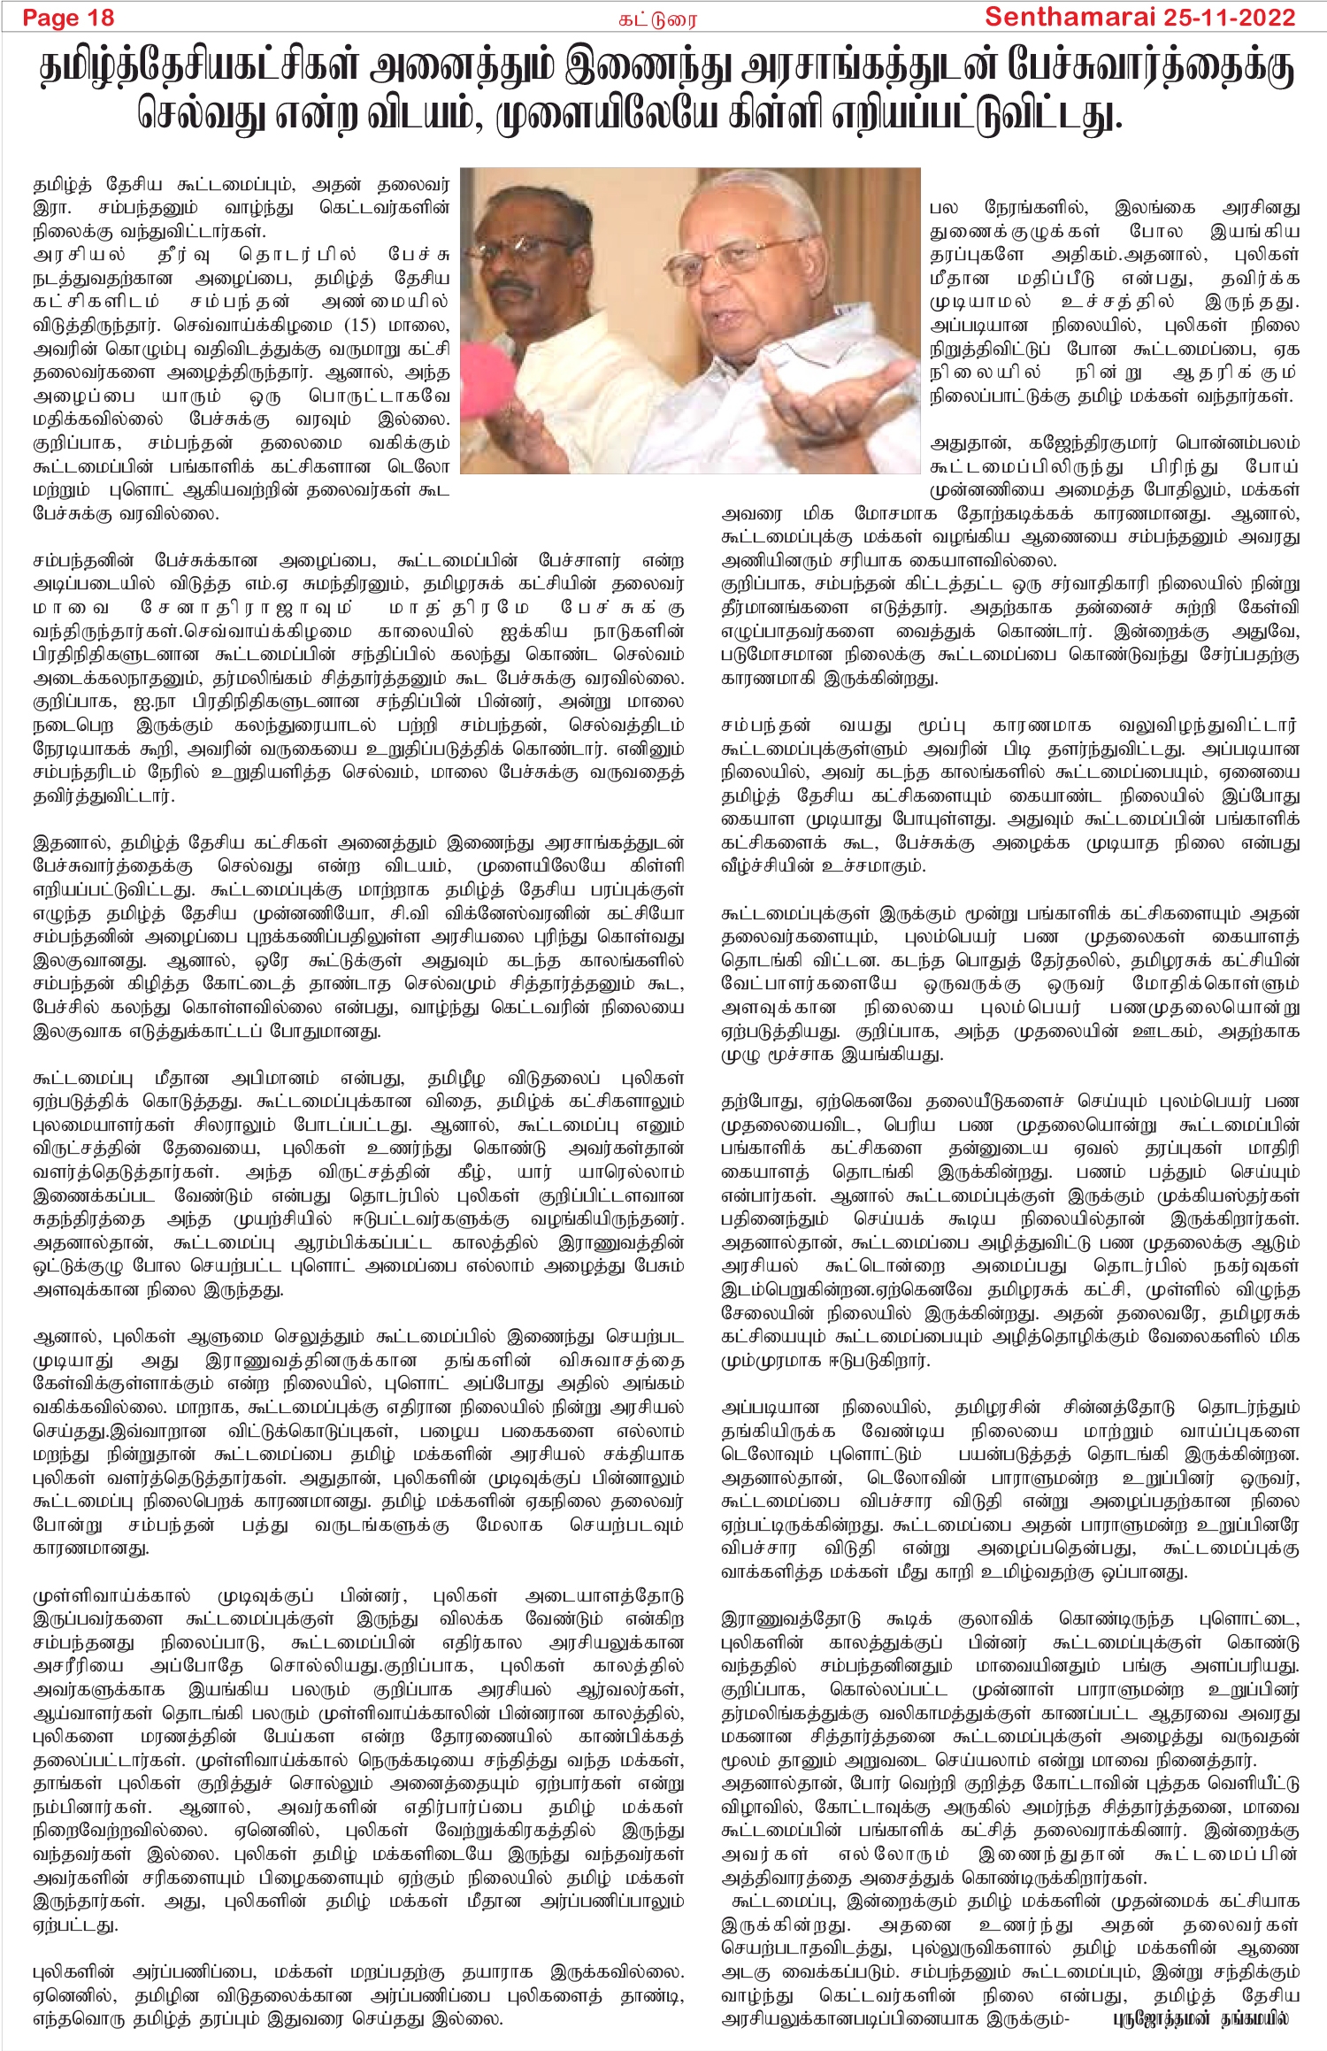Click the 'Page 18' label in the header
pyautogui.click(x=68, y=18)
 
